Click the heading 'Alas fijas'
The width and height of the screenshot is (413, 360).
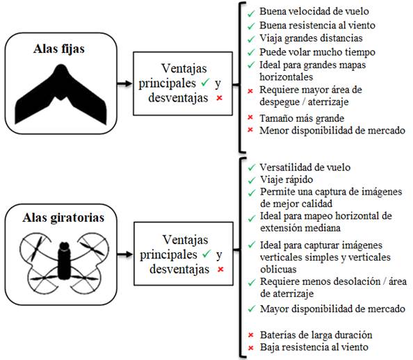click(59, 49)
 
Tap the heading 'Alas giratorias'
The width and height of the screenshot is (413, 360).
click(63, 218)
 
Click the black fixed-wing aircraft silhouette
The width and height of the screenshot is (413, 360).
click(61, 94)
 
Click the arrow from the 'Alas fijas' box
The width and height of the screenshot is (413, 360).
click(124, 84)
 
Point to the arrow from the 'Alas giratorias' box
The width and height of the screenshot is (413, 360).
click(125, 254)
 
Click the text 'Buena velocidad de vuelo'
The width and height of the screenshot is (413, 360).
click(314, 11)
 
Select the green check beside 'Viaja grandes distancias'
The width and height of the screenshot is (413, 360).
click(251, 39)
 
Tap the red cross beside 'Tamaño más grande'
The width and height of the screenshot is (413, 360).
click(250, 117)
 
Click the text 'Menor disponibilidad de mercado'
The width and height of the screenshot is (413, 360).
click(332, 131)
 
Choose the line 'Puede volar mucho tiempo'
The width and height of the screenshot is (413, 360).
click(317, 52)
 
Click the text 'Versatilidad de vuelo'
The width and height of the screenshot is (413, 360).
click(305, 167)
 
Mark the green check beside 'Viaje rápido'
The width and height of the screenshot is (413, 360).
click(252, 181)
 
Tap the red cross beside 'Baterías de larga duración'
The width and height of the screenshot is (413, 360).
click(251, 335)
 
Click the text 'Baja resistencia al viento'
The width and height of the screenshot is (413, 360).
click(314, 347)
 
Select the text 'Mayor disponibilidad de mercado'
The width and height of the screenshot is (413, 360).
click(332, 309)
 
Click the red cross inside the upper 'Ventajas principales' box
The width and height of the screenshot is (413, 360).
click(220, 98)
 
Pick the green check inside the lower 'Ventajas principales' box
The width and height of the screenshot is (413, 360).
click(206, 254)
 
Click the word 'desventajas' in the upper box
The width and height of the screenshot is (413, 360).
click(178, 98)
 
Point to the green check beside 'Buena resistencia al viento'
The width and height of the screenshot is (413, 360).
click(251, 26)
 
